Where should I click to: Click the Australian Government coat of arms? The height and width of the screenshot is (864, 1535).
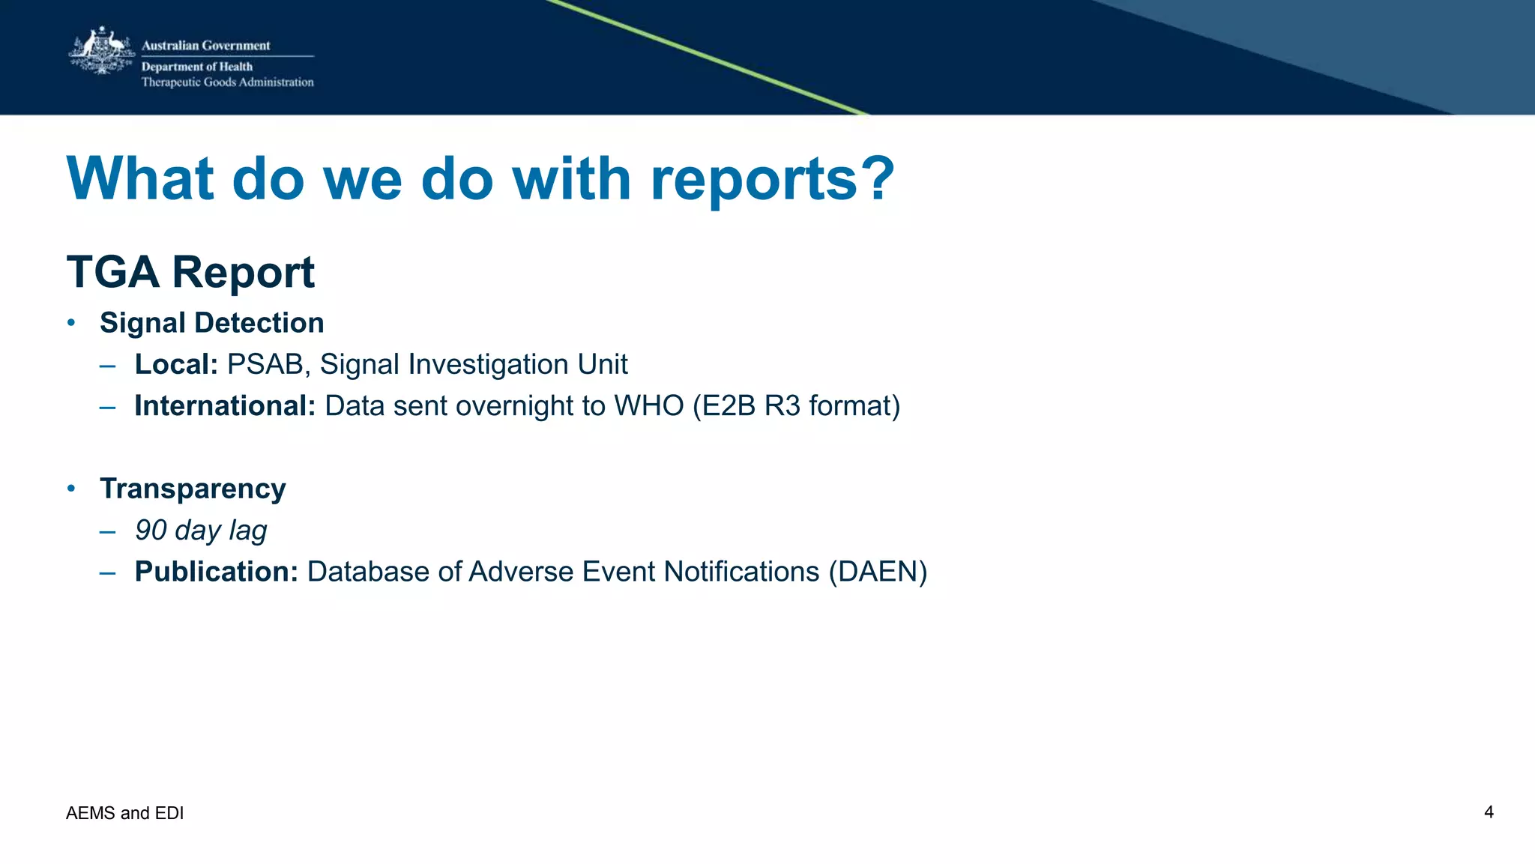pos(102,51)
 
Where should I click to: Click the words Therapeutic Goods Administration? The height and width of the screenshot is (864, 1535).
pos(227,82)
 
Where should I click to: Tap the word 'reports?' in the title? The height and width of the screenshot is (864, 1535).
pos(772,180)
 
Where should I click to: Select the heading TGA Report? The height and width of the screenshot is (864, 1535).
pos(190,272)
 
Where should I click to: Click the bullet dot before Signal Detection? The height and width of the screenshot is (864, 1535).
pos(71,323)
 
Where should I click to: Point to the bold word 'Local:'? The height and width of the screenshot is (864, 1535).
pos(176,365)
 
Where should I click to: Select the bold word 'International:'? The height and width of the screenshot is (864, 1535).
pos(225,406)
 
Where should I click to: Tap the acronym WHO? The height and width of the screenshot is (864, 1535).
pos(648,406)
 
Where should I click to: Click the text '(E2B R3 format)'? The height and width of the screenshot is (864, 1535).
pos(796,406)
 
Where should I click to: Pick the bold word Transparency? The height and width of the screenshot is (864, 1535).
pos(193,489)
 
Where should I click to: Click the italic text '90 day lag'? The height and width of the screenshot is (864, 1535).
pos(201,531)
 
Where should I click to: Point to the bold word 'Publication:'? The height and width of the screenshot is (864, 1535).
pos(217,572)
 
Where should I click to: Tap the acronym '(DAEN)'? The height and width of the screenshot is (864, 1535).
pos(878,572)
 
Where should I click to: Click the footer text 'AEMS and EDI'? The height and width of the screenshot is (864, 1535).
pos(124,813)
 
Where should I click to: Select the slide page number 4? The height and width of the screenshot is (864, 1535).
pos(1489,812)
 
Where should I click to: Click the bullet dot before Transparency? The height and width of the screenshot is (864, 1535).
pos(71,489)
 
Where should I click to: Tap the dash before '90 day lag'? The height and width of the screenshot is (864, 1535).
pos(107,532)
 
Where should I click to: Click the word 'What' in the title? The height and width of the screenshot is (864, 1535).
pos(140,180)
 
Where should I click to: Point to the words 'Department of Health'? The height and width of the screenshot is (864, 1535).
pos(197,67)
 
